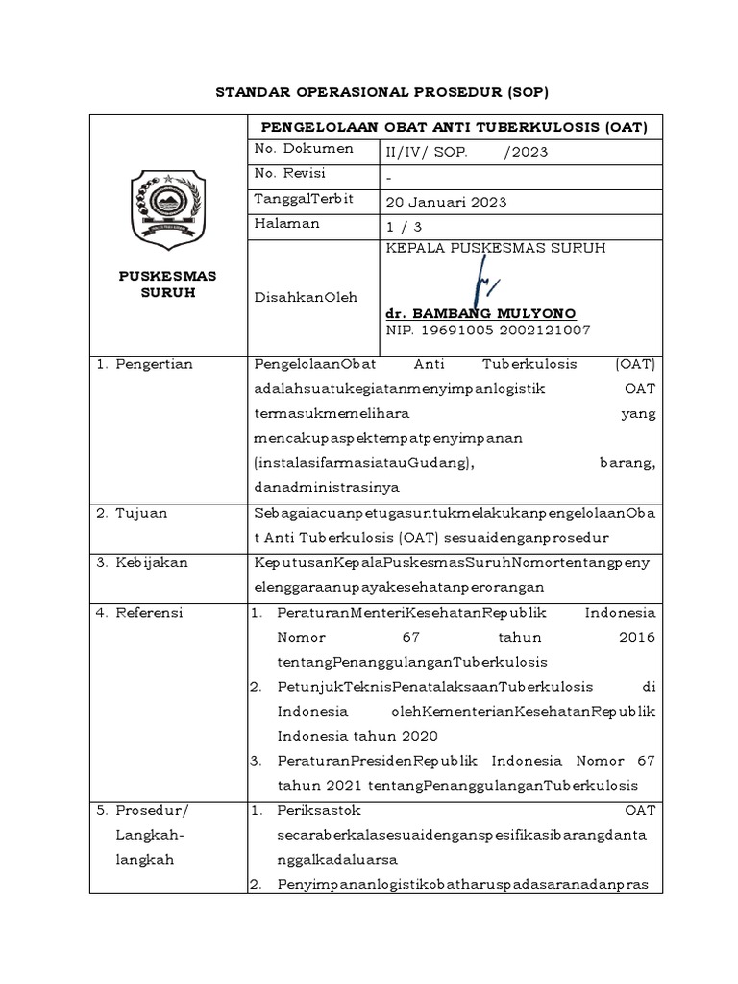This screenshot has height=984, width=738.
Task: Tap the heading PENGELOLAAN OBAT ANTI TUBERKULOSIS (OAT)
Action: (449, 127)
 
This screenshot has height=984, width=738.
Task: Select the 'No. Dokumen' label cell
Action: (303, 149)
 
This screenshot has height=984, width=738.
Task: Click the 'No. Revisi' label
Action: (289, 173)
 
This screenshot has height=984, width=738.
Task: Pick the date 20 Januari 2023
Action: (446, 202)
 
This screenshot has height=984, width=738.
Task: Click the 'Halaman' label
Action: (287, 223)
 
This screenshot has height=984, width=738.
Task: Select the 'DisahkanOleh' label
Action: (305, 297)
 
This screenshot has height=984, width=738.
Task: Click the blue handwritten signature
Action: (481, 285)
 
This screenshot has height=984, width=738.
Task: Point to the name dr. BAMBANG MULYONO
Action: (480, 314)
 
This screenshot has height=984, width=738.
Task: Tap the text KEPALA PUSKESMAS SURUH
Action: (495, 248)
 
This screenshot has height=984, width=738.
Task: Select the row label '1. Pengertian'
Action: (145, 364)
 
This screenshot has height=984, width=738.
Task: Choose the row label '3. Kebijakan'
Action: (141, 561)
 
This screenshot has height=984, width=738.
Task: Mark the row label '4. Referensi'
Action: (142, 613)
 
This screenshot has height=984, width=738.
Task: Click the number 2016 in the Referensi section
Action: (636, 637)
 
